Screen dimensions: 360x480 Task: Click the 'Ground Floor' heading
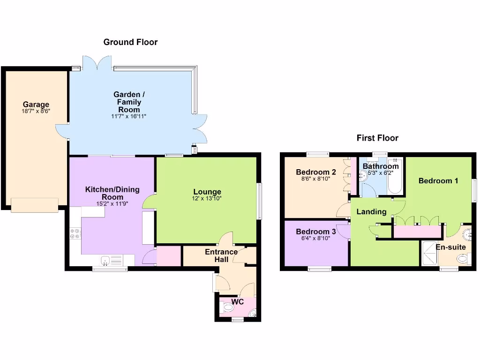pos(130,42)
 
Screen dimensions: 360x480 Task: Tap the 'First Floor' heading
pos(377,138)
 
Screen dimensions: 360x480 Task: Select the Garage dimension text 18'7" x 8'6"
pos(36,111)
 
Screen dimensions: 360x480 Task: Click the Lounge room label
pos(207,192)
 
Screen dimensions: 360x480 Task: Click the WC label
pos(238,302)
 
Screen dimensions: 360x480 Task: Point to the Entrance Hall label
pos(221,256)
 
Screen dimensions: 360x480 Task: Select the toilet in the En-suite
pos(463,258)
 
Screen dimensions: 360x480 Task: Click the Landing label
pos(371,212)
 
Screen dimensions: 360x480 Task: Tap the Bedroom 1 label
pos(438,181)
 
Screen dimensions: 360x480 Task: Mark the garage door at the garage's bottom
pos(35,205)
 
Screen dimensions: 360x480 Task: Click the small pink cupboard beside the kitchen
pos(168,256)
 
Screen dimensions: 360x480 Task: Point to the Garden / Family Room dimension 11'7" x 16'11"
pos(129,116)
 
